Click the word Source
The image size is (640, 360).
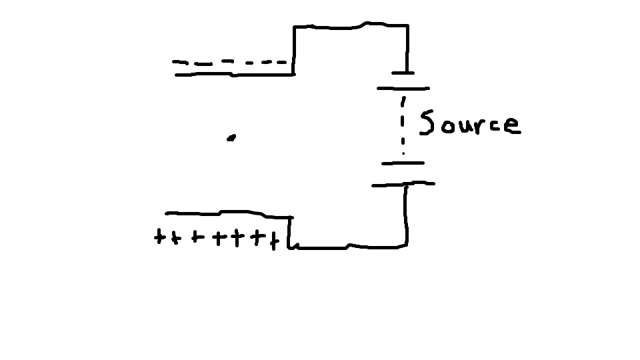[x=469, y=123]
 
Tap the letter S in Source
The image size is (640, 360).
[x=427, y=123]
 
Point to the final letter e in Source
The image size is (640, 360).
[x=512, y=126]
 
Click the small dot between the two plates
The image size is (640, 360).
[x=231, y=138]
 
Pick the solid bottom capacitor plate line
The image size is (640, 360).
[x=227, y=214]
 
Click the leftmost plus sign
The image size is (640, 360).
[x=159, y=237]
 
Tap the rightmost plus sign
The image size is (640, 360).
[x=273, y=239]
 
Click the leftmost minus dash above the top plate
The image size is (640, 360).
[x=180, y=62]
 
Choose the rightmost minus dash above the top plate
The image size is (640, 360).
[x=283, y=62]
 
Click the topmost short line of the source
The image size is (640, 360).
[x=403, y=73]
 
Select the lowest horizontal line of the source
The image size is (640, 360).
[x=403, y=184]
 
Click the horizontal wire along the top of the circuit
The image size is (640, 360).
[x=350, y=27]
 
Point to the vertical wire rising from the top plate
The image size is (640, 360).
[x=294, y=50]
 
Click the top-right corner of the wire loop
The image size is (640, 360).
[x=407, y=26]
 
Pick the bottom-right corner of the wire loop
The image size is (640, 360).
[x=406, y=245]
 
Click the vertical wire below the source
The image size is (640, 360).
[x=405, y=213]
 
